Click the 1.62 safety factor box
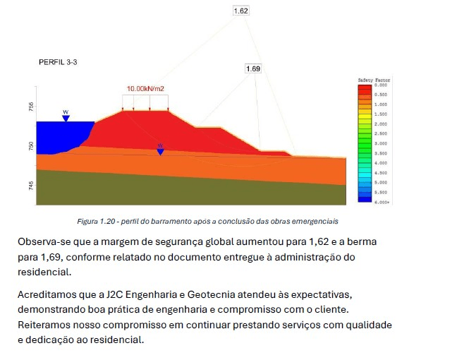coord(240,11)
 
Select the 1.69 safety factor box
coord(253,68)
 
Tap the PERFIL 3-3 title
coord(58,63)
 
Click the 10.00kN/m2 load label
coord(146,89)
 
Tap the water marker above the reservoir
coord(66,116)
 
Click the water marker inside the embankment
coord(160,150)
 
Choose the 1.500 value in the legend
coord(381,114)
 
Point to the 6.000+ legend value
coord(382,203)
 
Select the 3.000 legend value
coord(381,143)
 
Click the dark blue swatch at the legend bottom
coord(364,199)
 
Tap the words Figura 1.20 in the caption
coord(94,221)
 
